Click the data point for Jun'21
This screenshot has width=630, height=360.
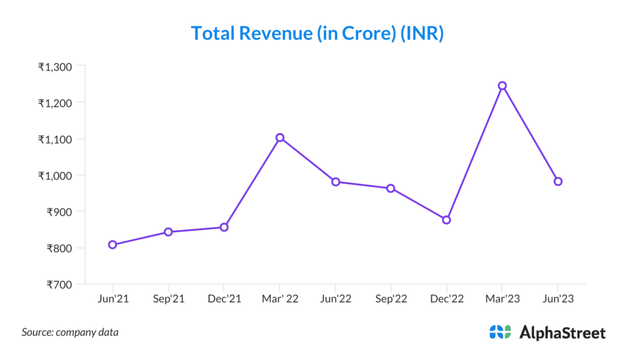click(113, 244)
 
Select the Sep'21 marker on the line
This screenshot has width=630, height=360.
click(168, 232)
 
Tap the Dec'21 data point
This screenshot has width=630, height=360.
click(224, 227)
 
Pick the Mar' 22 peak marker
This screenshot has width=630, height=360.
click(280, 137)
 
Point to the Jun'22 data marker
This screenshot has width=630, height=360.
click(335, 182)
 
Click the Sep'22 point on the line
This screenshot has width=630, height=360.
click(391, 188)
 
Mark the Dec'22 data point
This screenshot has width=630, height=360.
click(447, 220)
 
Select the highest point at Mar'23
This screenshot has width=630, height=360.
click(502, 86)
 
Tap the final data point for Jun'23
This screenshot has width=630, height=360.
click(558, 182)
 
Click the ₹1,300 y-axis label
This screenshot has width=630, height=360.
click(55, 66)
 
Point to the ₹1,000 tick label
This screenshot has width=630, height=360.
click(55, 175)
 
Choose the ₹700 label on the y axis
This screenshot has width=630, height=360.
click(59, 284)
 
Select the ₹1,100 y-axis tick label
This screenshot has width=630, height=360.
click(55, 139)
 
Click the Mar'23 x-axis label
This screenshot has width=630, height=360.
click(502, 299)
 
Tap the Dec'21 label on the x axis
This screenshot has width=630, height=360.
click(224, 299)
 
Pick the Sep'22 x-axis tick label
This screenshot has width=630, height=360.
click(391, 299)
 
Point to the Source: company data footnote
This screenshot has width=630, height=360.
click(70, 332)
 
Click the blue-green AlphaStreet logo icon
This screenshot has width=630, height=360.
click(500, 332)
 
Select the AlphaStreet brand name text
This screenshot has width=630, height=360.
click(563, 333)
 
